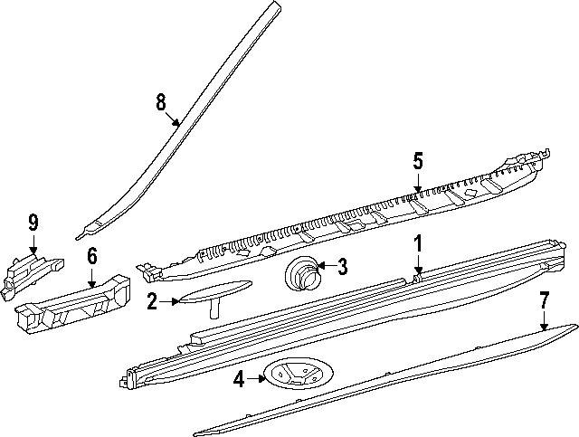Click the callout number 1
click(418, 242)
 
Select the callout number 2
click(153, 301)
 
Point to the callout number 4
click(239, 380)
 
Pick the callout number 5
click(418, 162)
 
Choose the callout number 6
click(91, 257)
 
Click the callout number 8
click(161, 102)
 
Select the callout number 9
click(33, 222)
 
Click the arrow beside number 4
click(255, 380)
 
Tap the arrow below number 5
click(418, 184)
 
